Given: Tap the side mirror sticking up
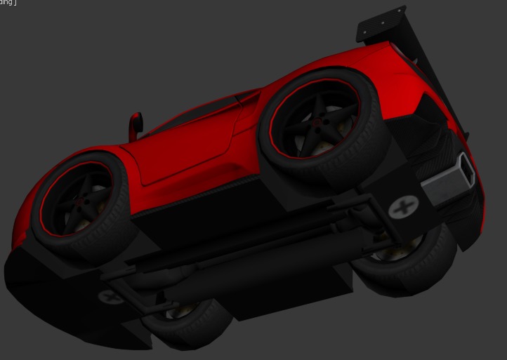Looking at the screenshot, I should point(136,126).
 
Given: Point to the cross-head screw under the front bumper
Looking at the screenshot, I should point(110,297).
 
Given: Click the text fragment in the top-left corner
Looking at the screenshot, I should point(8,3).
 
